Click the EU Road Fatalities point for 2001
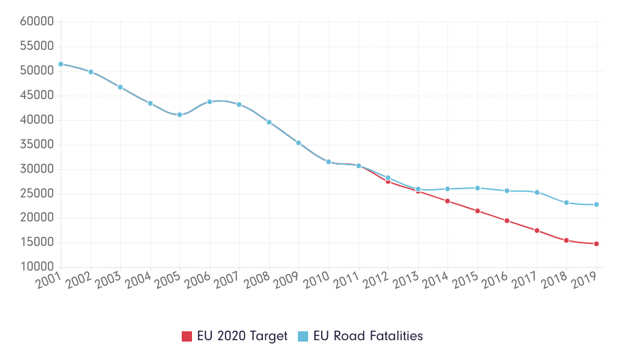click(61, 64)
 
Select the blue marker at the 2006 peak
click(210, 102)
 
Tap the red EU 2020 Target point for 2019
click(596, 244)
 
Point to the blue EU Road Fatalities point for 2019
click(596, 204)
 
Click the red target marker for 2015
click(478, 211)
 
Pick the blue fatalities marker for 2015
click(478, 188)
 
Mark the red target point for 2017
click(537, 231)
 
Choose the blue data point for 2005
click(180, 115)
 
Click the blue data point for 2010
click(329, 162)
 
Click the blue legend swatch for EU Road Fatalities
click(304, 336)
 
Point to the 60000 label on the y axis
click(37, 22)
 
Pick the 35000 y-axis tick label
click(37, 145)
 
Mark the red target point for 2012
click(388, 182)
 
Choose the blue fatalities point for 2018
click(566, 203)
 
